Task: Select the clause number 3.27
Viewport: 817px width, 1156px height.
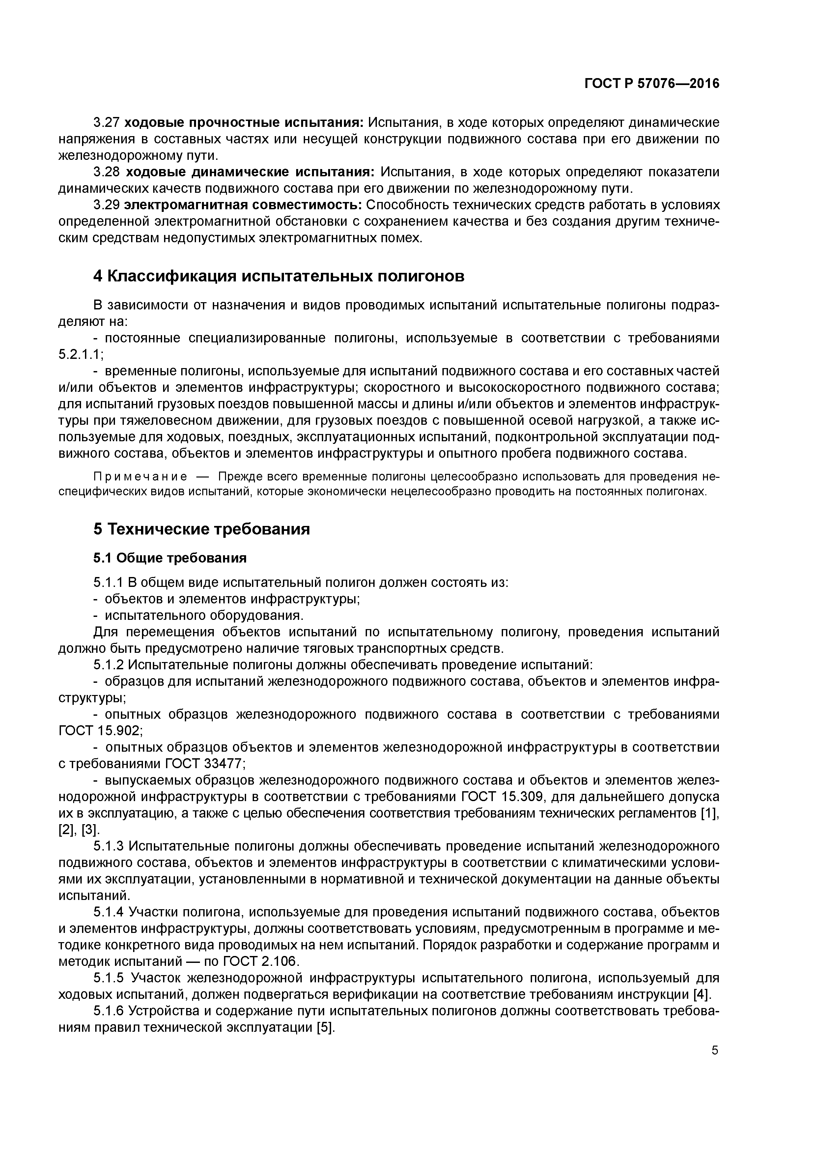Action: (106, 122)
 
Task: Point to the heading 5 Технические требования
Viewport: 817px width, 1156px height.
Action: (201, 529)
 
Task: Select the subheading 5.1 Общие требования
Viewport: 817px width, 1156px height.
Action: (170, 558)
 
